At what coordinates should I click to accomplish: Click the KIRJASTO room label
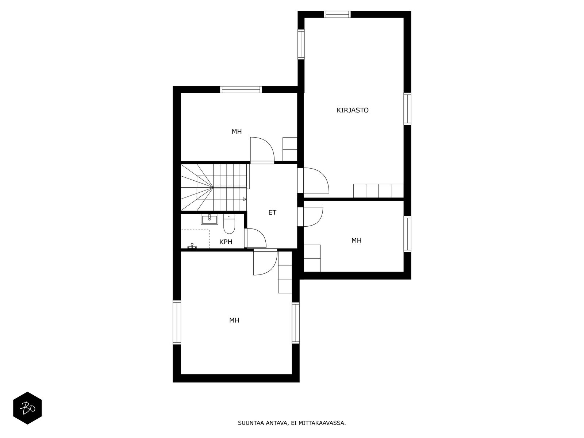(352, 110)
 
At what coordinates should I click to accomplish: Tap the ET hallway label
(272, 212)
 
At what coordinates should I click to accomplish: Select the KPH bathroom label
(226, 242)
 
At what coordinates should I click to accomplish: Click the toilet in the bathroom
(229, 224)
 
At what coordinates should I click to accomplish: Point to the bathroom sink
(210, 220)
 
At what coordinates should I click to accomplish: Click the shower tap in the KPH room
(192, 246)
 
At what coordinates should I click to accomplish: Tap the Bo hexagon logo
(27, 408)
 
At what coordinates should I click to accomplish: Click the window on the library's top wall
(337, 14)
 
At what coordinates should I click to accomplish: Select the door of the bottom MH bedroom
(272, 269)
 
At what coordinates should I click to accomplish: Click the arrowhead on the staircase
(245, 199)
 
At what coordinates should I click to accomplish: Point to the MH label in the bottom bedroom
(234, 320)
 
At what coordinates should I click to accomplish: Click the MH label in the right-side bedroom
(356, 241)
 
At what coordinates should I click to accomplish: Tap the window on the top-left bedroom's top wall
(241, 90)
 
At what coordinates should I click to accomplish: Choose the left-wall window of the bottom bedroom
(177, 322)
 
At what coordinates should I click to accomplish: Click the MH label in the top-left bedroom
(237, 131)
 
